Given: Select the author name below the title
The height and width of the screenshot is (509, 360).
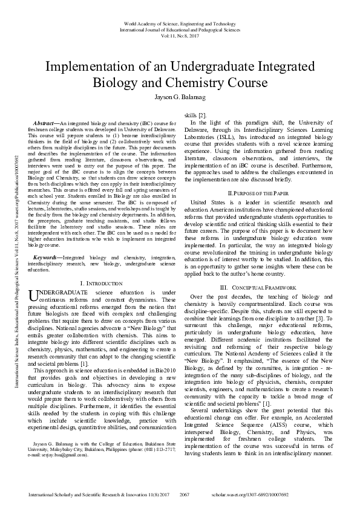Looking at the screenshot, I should click(x=180, y=96).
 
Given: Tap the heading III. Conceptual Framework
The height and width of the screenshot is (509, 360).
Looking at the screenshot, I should click(x=254, y=287).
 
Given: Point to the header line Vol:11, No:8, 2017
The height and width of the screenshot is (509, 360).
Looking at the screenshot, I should click(x=180, y=36).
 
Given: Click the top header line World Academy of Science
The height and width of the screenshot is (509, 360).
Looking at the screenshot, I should click(x=180, y=22).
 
